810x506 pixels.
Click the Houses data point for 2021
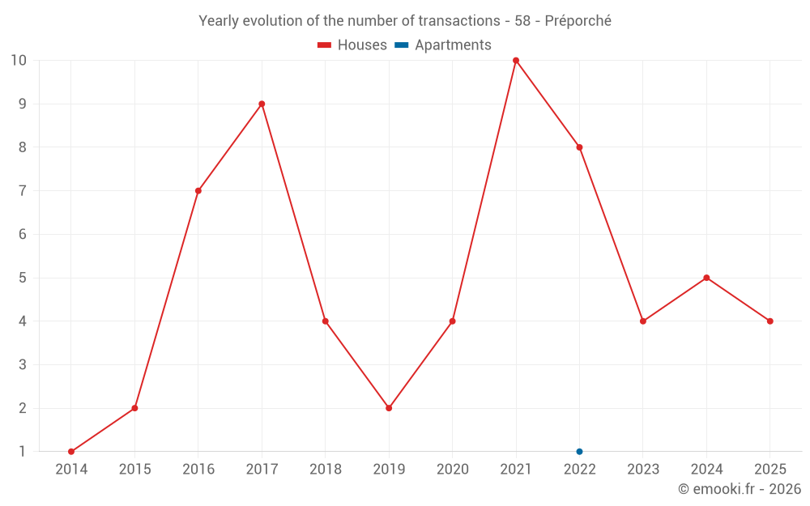pos(516,61)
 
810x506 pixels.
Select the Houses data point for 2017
pos(262,104)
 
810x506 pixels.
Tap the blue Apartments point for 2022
pos(579,451)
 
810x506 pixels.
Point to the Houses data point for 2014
pos(71,451)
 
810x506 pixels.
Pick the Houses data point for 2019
pos(389,408)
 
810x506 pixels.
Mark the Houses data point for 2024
pos(706,278)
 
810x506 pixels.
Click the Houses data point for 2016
pos(198,191)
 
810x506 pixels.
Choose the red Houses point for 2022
pos(579,147)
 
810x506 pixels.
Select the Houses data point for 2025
pos(769,321)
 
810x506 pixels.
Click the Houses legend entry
pos(352,45)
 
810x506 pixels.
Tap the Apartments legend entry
pos(443,45)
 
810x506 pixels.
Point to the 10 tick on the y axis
pos(19,61)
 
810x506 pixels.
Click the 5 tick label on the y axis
pos(22,278)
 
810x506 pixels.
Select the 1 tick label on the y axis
pos(22,451)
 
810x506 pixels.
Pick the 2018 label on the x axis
pos(326,470)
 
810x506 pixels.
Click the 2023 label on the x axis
pos(643,470)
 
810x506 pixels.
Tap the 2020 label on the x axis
pos(453,470)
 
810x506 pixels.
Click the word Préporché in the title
pos(578,21)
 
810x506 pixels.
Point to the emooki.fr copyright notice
pos(740,489)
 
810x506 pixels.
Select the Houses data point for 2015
pos(134,408)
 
